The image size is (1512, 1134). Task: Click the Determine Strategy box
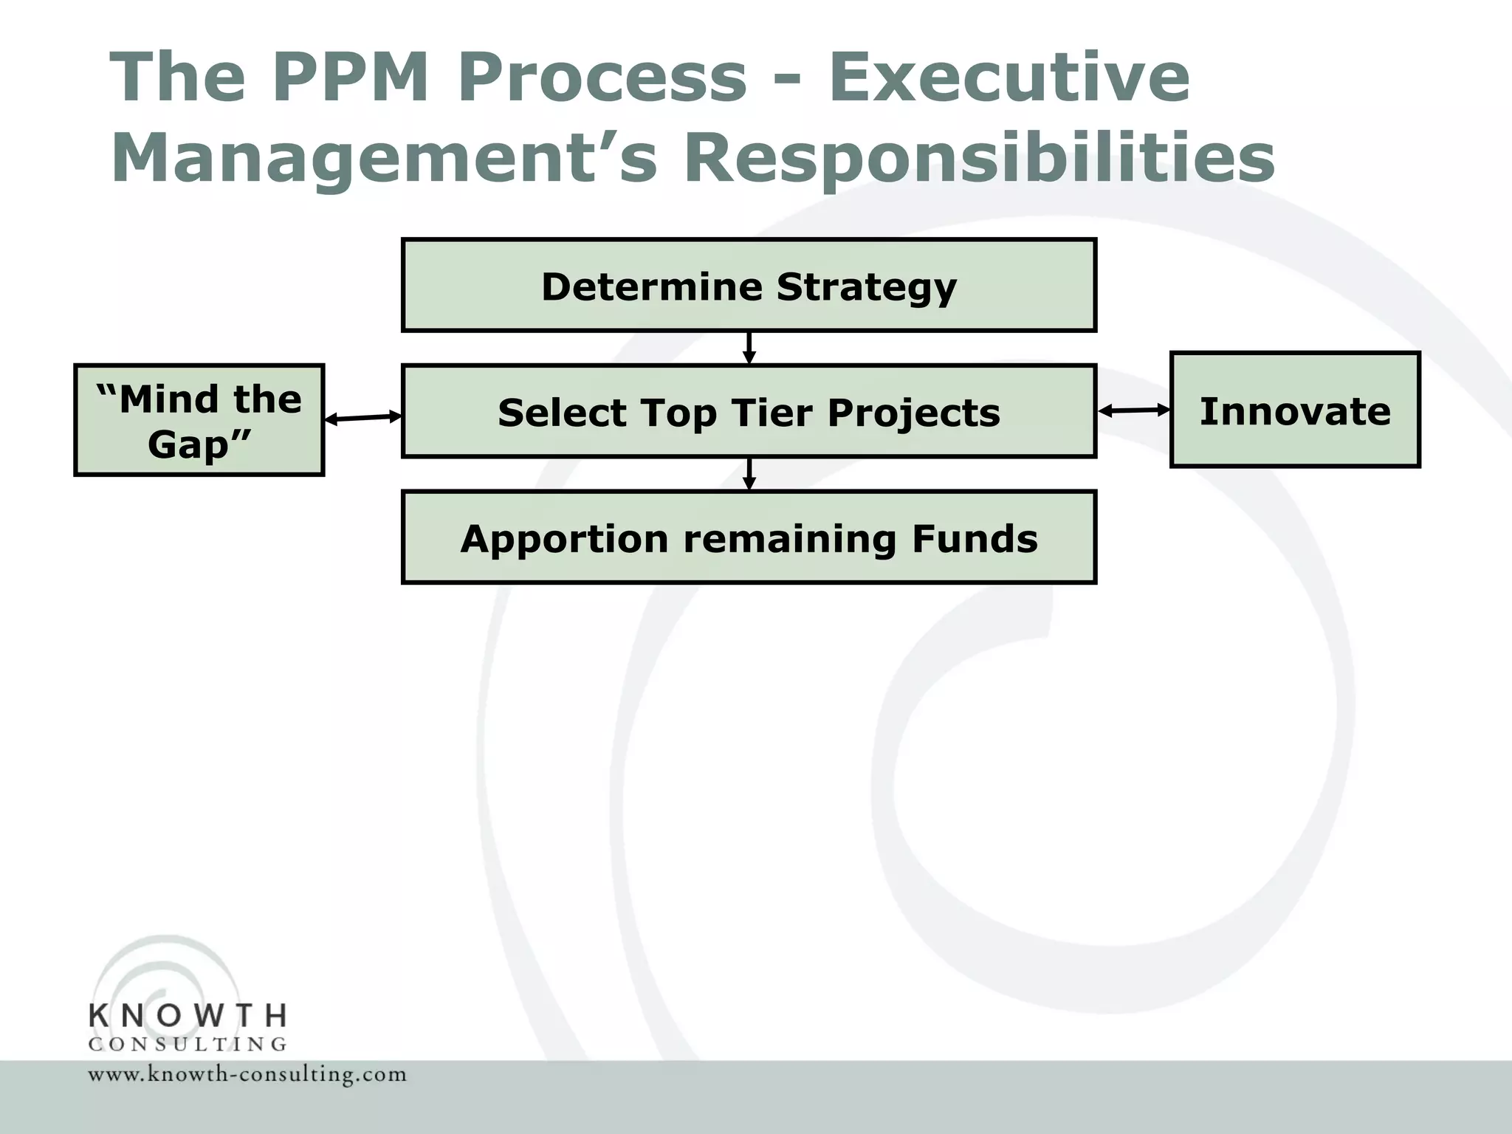[x=749, y=286]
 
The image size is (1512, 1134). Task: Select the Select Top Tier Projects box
[x=749, y=411]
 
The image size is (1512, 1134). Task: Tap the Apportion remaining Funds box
[x=749, y=537]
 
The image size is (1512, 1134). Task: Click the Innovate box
[x=1295, y=410]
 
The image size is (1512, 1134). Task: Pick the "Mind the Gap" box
[x=199, y=420]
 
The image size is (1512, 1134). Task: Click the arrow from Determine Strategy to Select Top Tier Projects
[x=749, y=348]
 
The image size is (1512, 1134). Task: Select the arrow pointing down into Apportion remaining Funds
[x=749, y=474]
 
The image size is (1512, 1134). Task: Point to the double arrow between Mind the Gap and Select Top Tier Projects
[x=363, y=418]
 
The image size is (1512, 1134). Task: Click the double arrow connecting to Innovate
[x=1134, y=410]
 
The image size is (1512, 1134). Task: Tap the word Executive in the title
[x=1009, y=77]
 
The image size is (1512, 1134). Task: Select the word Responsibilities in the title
[x=979, y=159]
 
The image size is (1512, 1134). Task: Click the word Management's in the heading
[x=384, y=159]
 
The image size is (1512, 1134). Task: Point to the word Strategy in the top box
[x=867, y=286]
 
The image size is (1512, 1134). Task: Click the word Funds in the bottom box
[x=975, y=538]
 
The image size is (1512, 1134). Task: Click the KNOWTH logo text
[x=188, y=1016]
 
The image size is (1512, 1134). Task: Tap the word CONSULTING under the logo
[x=188, y=1044]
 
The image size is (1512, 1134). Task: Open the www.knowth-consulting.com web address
[x=247, y=1074]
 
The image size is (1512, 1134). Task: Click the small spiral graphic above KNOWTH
[x=166, y=975]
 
